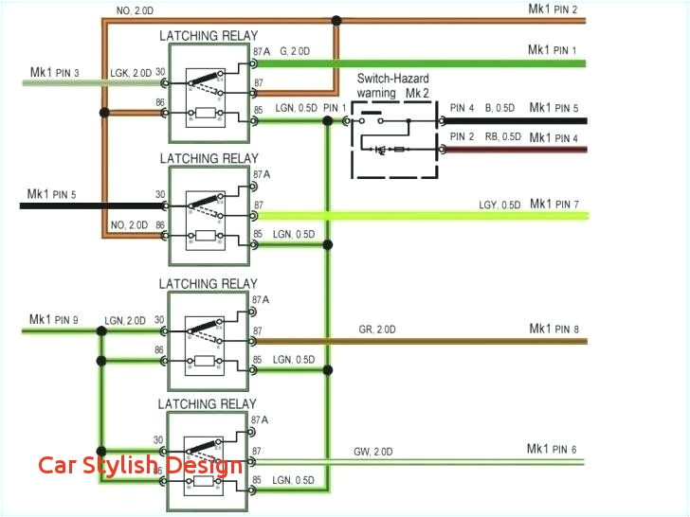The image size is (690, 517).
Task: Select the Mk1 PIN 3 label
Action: point(54,72)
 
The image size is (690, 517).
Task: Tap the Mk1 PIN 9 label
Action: point(54,319)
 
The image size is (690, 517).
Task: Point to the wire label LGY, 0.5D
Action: point(499,205)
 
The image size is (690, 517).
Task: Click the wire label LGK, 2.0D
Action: point(130,73)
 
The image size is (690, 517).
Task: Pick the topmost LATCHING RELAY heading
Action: point(208,36)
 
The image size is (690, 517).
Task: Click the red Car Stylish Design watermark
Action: point(140,465)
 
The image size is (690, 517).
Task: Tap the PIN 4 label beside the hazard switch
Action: point(463,108)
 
